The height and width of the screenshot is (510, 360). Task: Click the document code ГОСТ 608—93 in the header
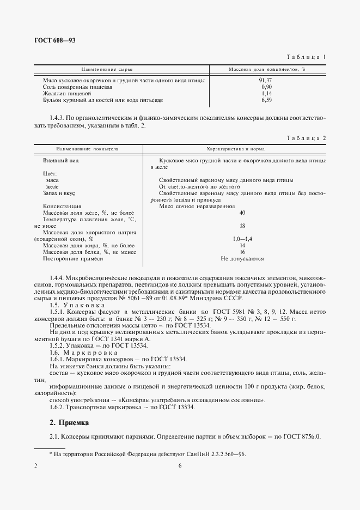click(53, 41)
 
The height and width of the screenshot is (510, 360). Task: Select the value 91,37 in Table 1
click(266, 80)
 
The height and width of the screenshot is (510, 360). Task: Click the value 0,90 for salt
click(266, 87)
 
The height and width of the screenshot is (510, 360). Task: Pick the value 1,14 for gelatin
click(266, 94)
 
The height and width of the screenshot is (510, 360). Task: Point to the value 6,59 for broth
click(266, 100)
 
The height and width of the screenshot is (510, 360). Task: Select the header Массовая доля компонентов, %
click(266, 70)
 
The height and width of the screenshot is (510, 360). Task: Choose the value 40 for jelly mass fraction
click(242, 212)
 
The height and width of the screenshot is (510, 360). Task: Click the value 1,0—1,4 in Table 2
click(242, 239)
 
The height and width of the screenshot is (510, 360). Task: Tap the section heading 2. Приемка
click(69, 422)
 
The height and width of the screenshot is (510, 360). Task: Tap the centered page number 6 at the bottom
click(180, 466)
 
